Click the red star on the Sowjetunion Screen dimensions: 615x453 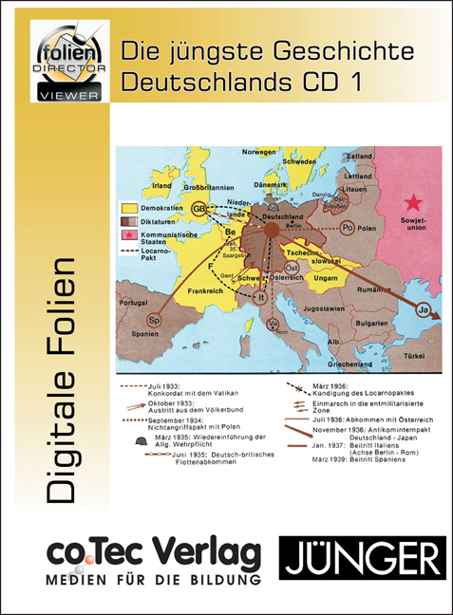[x=412, y=202]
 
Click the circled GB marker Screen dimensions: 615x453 [x=201, y=208]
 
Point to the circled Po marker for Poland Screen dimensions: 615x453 [x=348, y=228]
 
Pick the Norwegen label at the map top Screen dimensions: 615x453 [x=258, y=152]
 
